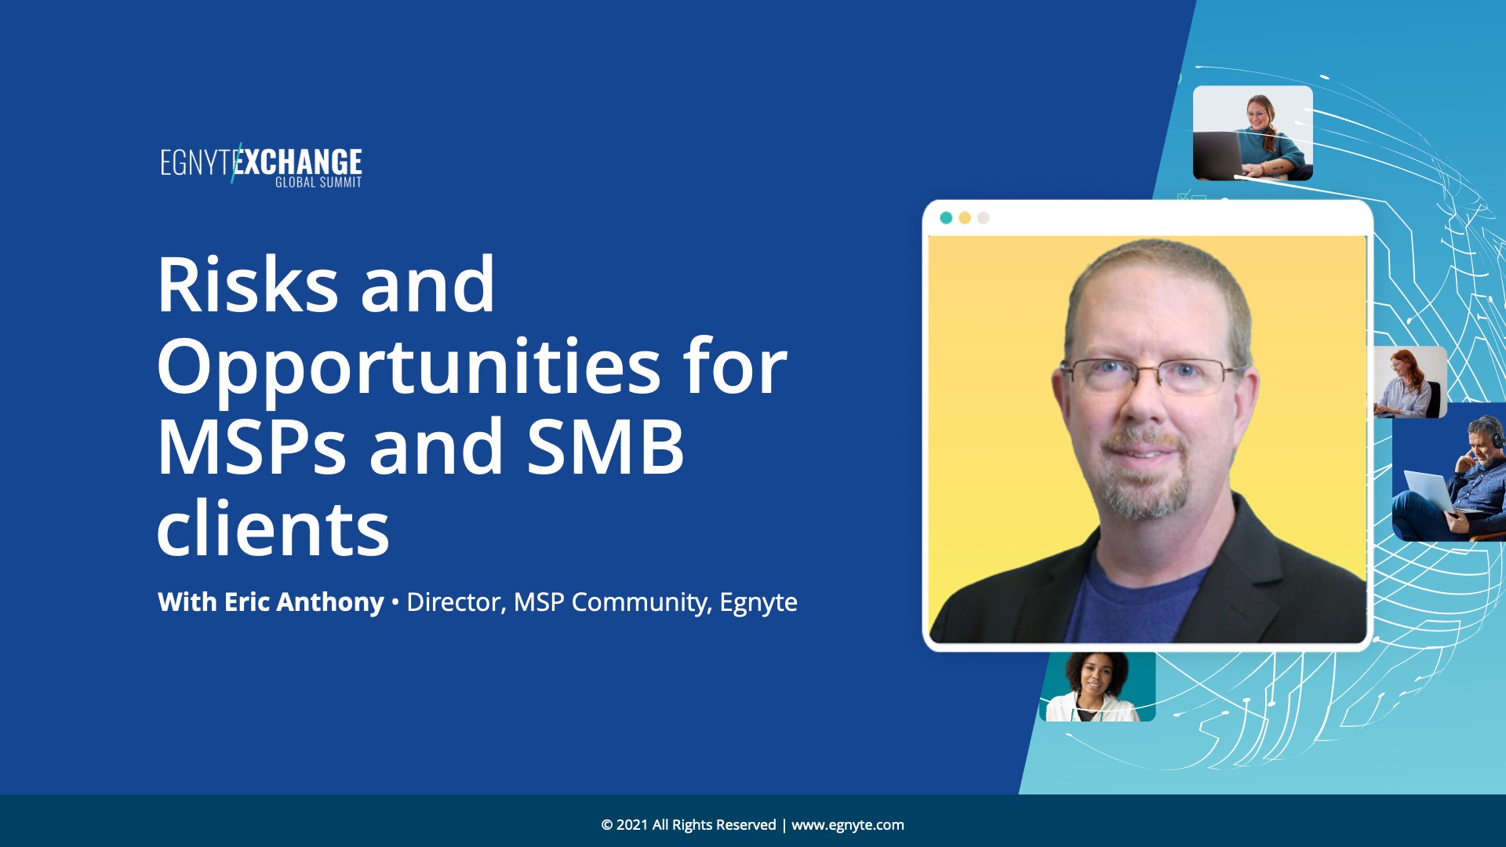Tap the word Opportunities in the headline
click(x=409, y=367)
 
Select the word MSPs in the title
click(x=251, y=447)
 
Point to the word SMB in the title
click(x=605, y=447)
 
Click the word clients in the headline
click(x=273, y=528)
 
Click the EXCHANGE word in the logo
click(x=298, y=162)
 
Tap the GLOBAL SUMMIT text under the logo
click(x=318, y=183)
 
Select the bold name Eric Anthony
click(x=304, y=602)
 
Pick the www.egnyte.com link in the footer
click(x=847, y=825)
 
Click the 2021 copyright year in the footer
click(x=632, y=825)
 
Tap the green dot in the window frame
click(x=946, y=218)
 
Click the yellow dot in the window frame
click(x=965, y=218)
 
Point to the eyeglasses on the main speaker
click(x=1151, y=376)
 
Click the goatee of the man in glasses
click(x=1147, y=478)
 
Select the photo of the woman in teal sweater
click(x=1253, y=133)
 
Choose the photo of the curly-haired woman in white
click(x=1097, y=687)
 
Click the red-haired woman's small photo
click(x=1410, y=382)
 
